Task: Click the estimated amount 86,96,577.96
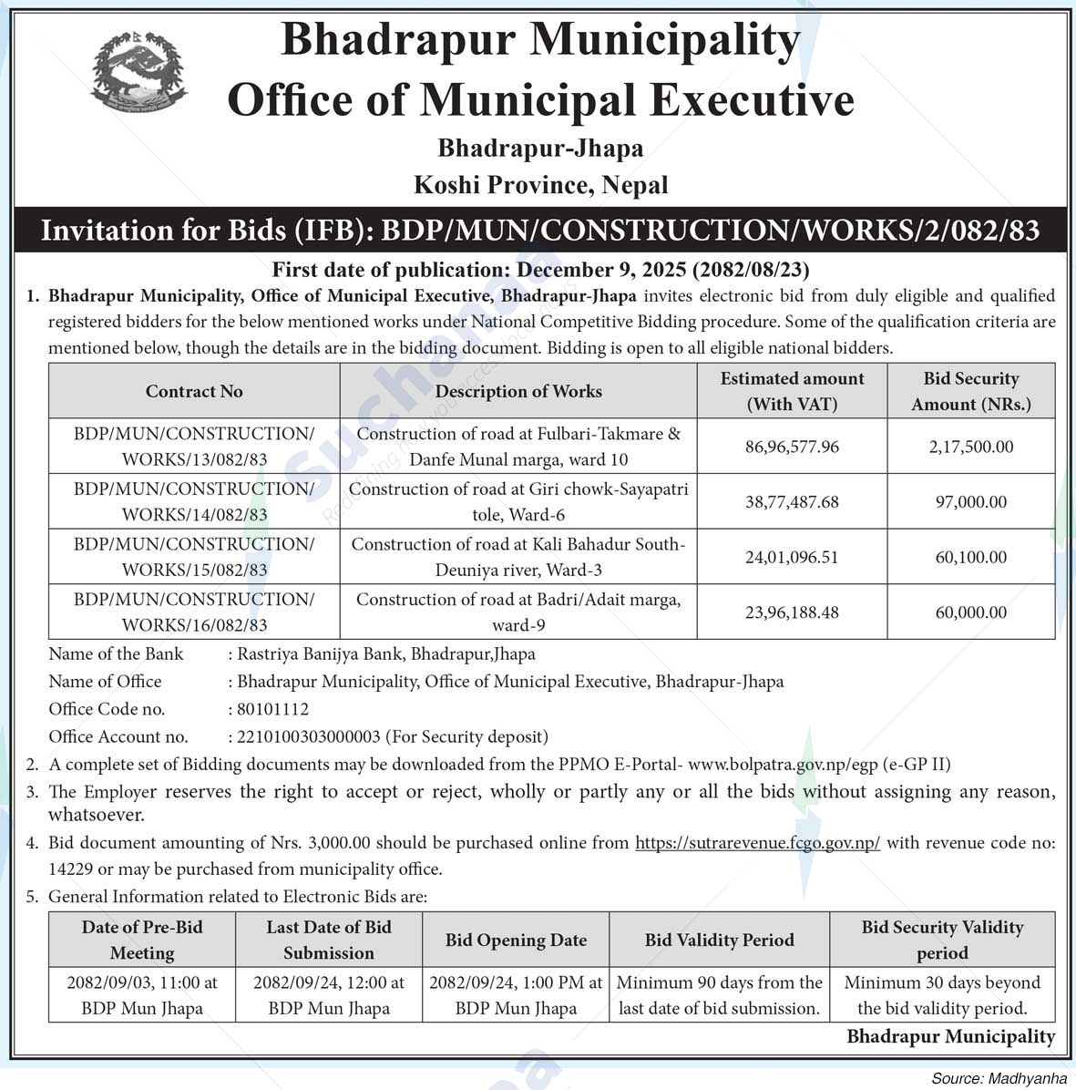click(792, 447)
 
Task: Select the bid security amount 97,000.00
click(970, 502)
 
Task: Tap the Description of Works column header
click(518, 391)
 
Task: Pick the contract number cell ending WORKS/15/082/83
click(194, 557)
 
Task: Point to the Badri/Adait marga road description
click(518, 612)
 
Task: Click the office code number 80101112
click(272, 709)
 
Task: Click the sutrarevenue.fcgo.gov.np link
click(757, 843)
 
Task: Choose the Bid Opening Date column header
click(516, 940)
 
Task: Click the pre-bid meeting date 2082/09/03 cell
click(142, 995)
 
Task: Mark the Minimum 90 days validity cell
click(719, 995)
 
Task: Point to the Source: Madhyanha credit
click(999, 1078)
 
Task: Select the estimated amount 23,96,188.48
click(792, 612)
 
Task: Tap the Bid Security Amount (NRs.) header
click(970, 391)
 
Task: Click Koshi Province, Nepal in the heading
click(540, 185)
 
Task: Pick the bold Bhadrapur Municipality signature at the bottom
click(950, 1036)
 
